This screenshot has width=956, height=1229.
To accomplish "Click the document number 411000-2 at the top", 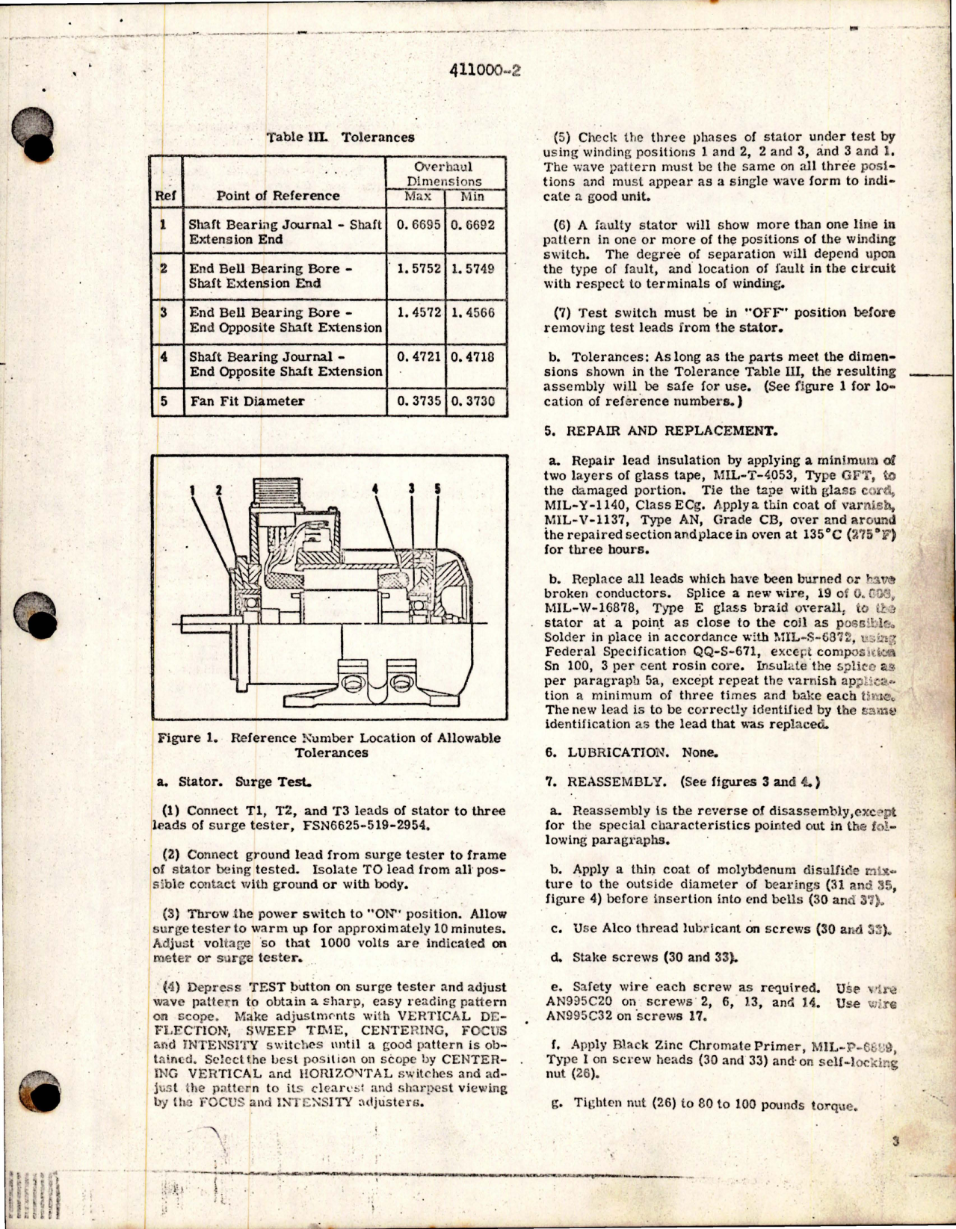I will (485, 69).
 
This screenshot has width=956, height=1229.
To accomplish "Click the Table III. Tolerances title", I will (340, 137).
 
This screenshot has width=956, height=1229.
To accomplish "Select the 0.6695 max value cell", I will (415, 224).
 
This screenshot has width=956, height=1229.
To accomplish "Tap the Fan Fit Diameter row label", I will (247, 401).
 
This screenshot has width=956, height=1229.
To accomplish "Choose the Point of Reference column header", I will (278, 196).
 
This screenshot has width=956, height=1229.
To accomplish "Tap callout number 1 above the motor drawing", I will (191, 490).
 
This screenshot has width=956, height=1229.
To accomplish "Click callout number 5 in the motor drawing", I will (437, 489).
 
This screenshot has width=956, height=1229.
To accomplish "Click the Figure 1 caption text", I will (330, 745).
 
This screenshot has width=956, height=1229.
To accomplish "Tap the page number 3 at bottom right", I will (895, 1142).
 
